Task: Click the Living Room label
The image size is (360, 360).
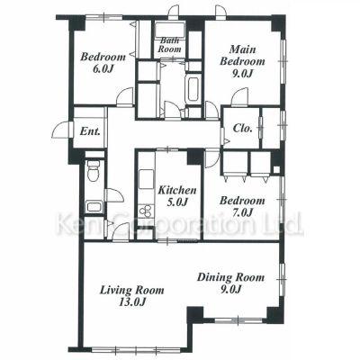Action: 132,296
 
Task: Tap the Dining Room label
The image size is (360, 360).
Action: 230,283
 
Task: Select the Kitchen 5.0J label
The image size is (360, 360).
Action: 177,196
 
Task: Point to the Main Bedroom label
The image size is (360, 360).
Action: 242,61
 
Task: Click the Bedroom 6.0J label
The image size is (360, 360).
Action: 103,62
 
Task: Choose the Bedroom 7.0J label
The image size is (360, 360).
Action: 242,206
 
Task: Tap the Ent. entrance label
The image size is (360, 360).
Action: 90,131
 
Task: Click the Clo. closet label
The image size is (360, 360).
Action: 243,129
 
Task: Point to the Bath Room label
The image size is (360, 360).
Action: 169,44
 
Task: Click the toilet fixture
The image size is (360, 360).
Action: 94,170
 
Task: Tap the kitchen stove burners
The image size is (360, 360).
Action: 146,211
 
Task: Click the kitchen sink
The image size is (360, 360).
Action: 146,180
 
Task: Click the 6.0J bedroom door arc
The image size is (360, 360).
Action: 125,95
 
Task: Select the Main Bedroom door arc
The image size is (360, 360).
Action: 240,96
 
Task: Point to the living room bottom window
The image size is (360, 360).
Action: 136,349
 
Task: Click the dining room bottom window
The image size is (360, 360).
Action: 238,320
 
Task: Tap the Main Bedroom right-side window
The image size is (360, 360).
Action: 283,61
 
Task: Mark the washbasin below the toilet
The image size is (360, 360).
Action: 94,207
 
